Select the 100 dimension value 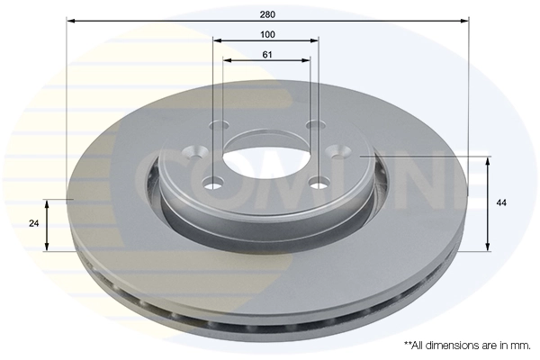pyautogui.click(x=268, y=34)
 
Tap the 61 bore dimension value pyautogui.click(x=268, y=54)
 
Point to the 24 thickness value pyautogui.click(x=33, y=223)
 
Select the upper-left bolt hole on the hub pyautogui.click(x=216, y=126)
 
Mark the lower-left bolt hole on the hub pyautogui.click(x=213, y=184)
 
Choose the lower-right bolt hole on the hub pyautogui.click(x=318, y=184)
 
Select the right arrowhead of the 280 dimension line pyautogui.click(x=465, y=20)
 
